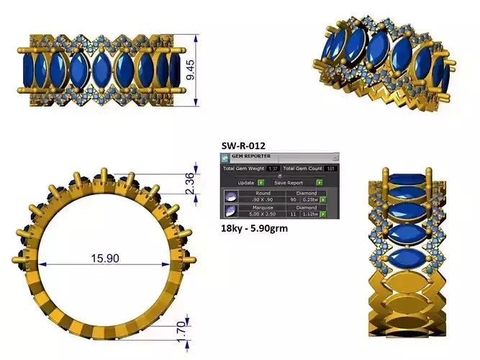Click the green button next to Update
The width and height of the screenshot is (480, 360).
[x=261, y=183]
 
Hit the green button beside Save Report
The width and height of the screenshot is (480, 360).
[x=318, y=183]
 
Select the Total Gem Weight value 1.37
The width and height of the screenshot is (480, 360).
[x=273, y=168]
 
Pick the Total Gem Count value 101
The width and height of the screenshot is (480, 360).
[x=330, y=168]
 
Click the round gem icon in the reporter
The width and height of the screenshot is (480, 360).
[x=230, y=197]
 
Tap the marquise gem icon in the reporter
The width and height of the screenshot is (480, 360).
[x=230, y=211]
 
